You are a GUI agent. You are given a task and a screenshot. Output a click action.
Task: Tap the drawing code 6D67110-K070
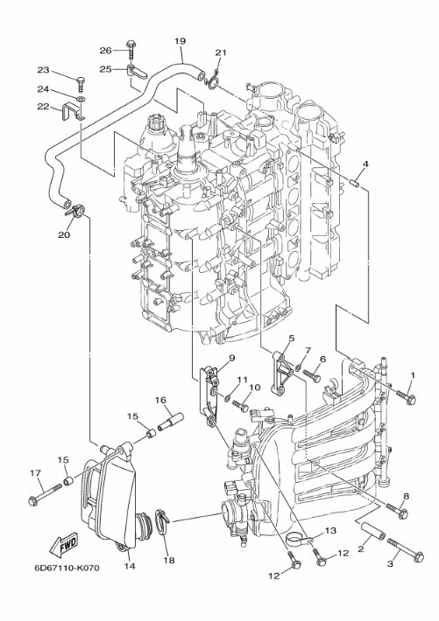[67, 569]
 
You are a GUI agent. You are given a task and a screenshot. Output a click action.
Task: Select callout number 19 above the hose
[180, 41]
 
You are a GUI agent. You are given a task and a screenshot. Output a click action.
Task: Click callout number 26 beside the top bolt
[105, 51]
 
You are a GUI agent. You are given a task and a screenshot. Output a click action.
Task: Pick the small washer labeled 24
[81, 98]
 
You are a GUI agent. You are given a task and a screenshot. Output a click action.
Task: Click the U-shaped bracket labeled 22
[74, 112]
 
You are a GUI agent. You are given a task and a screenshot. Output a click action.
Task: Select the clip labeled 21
[212, 79]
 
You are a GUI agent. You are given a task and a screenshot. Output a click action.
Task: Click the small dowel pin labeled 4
[355, 183]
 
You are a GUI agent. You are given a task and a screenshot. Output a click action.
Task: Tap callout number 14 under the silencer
[130, 566]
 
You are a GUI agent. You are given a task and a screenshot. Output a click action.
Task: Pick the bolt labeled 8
[397, 510]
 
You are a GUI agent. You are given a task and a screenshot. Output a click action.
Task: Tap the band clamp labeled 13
[300, 540]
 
